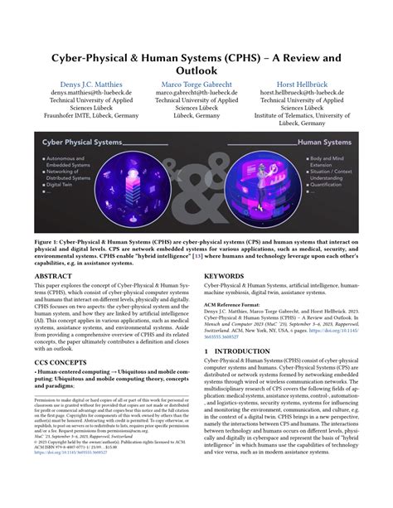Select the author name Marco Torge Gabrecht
click(197, 85)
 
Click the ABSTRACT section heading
click(56, 275)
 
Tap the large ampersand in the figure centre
click(196, 182)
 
